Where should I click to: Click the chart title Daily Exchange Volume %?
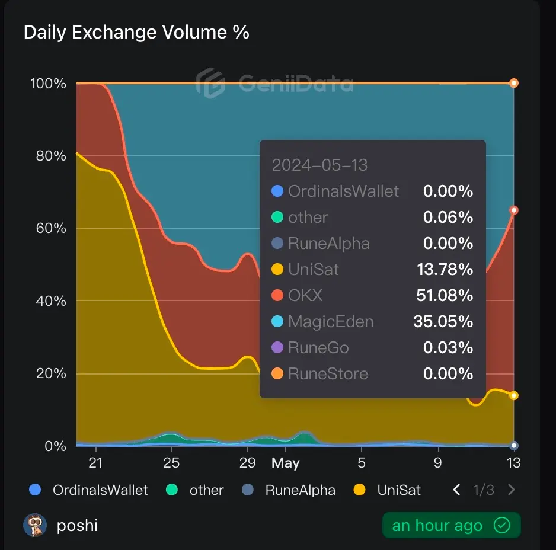coord(136,32)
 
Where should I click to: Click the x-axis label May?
coord(285,463)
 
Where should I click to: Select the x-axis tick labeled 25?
coord(171,463)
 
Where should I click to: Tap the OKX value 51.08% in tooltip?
coord(448,296)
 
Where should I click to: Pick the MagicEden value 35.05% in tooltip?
coord(443,322)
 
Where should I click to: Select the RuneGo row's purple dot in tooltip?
coord(277,348)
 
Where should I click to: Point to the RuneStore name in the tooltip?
coord(328,374)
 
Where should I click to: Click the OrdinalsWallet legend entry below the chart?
coord(89,490)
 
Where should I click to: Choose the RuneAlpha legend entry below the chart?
coord(290,490)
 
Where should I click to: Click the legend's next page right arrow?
coord(512,490)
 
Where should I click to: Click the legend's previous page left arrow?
coord(456,490)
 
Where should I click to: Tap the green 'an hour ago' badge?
coord(451,526)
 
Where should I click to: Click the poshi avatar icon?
coord(35,526)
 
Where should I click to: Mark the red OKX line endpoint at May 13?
coord(514,210)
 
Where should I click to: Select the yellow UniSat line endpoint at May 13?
coord(514,395)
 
